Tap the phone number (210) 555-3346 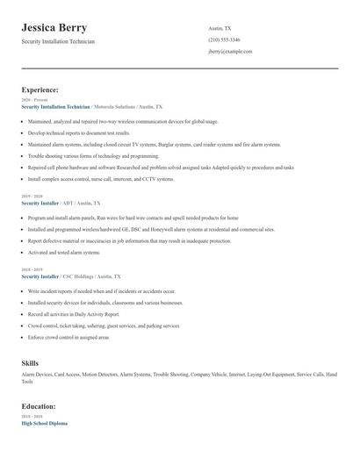225,39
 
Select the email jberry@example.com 230,52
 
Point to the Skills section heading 30,362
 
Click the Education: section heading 39,406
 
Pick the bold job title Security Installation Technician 55,106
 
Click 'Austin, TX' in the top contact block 220,28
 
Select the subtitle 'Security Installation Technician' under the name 58,41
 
